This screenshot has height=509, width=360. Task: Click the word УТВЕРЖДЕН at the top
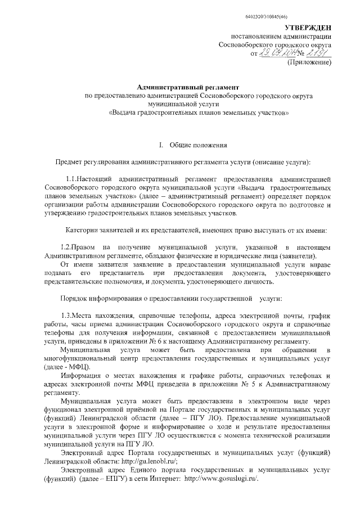click(308, 28)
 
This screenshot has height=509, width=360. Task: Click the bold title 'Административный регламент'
click(188, 87)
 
